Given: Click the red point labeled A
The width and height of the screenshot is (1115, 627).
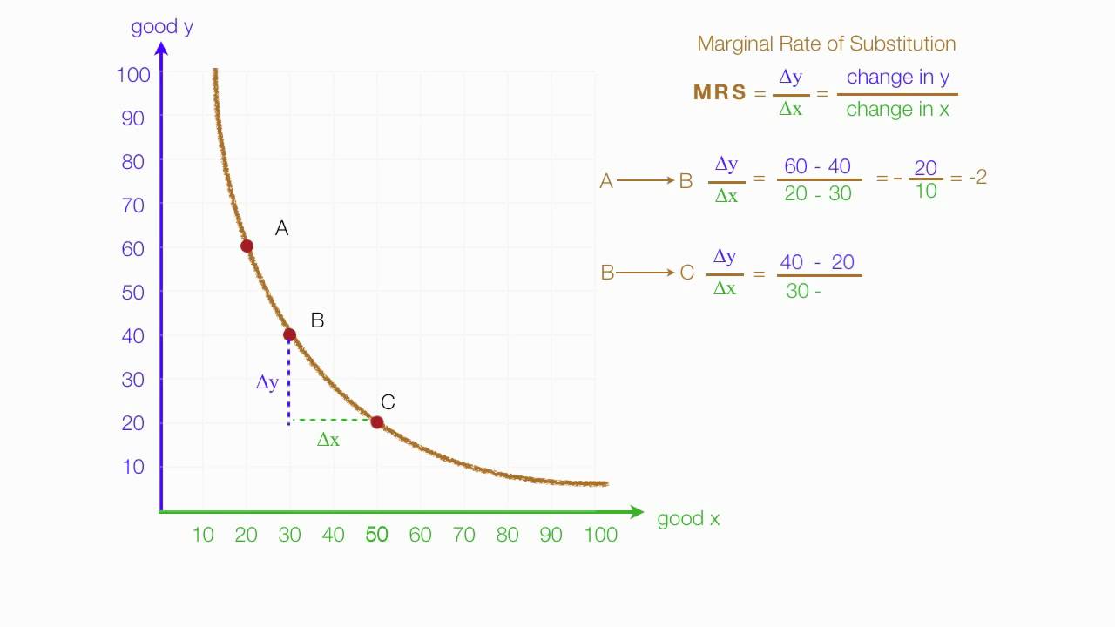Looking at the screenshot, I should [247, 246].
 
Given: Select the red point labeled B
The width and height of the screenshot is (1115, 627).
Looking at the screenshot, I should [289, 334].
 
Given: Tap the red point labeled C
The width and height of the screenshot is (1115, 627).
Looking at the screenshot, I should [376, 422].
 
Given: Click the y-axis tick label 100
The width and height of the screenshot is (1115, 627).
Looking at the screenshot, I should [133, 75].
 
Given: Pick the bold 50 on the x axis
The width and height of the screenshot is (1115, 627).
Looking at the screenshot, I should [376, 535].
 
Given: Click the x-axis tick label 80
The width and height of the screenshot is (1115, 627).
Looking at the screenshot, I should [508, 535].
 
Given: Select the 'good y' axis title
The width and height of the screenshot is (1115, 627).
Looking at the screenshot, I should [162, 27].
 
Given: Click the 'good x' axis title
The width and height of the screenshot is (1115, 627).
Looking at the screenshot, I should [688, 519].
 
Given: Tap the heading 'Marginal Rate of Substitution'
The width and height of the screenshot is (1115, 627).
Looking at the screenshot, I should [826, 44].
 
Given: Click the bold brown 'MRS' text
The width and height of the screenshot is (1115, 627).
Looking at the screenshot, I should [720, 93].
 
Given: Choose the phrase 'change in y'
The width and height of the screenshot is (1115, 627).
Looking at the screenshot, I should [897, 78].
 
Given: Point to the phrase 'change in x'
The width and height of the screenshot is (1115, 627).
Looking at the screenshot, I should [897, 110].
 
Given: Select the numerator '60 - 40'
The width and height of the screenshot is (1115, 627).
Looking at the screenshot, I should [817, 166].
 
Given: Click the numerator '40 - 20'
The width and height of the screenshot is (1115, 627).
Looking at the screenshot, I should [817, 262].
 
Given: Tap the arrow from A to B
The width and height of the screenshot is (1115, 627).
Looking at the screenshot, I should [645, 181].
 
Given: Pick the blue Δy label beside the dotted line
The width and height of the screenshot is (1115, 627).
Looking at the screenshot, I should [267, 382].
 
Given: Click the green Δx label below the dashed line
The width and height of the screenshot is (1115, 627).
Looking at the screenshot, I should [328, 441].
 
